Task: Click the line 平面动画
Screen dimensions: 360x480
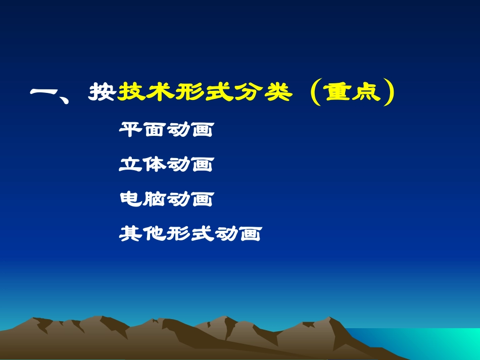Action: pyautogui.click(x=166, y=130)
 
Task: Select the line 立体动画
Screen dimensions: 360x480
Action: pyautogui.click(x=166, y=164)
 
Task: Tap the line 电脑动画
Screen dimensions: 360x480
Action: pyautogui.click(x=166, y=199)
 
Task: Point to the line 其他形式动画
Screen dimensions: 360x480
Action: pyautogui.click(x=190, y=233)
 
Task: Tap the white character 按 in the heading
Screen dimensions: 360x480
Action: pyautogui.click(x=103, y=92)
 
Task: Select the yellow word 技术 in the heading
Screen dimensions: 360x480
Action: pyautogui.click(x=146, y=92)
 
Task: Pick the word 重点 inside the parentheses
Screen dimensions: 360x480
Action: pyautogui.click(x=353, y=92)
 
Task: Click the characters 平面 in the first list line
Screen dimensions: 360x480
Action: pyautogui.click(x=142, y=130)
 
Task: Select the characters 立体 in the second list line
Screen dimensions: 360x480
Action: pyautogui.click(x=142, y=164)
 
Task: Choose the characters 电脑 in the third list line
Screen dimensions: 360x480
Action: pyautogui.click(x=142, y=199)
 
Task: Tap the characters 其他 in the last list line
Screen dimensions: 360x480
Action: pyautogui.click(x=142, y=233)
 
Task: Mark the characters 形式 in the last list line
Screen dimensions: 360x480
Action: pyautogui.click(x=190, y=233)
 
